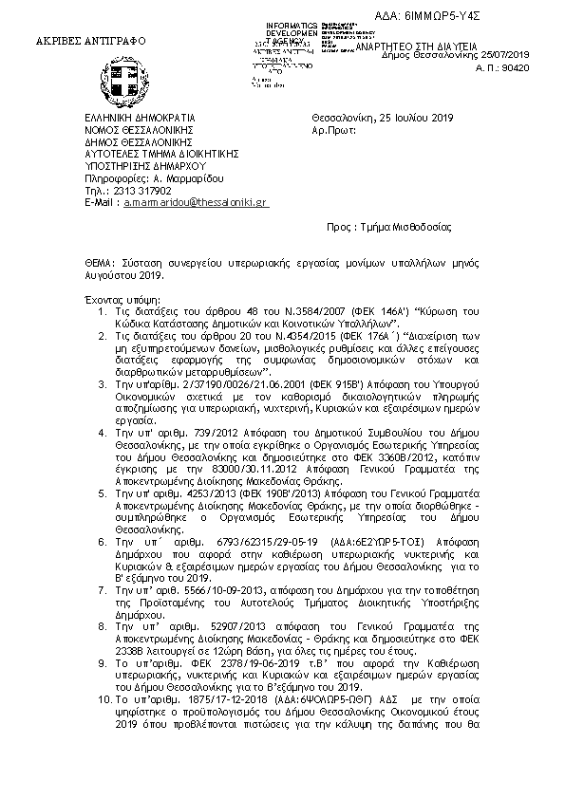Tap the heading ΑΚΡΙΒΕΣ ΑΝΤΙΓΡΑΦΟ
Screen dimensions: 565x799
tap(80, 44)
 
